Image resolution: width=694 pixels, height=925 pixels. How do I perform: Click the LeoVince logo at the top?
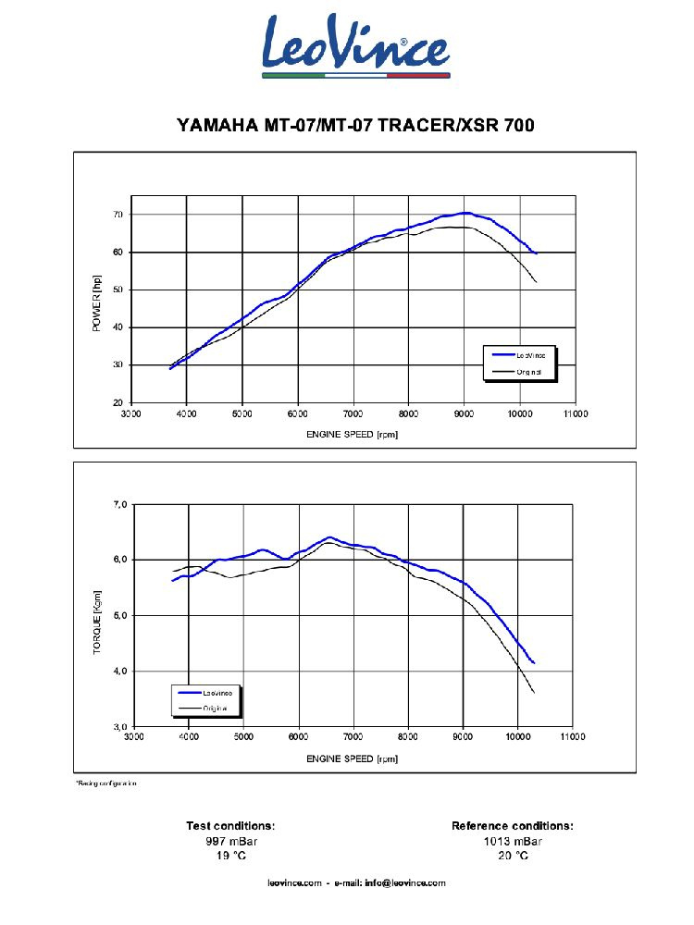click(355, 46)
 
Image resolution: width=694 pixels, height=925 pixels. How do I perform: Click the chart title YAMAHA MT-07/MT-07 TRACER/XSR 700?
click(355, 125)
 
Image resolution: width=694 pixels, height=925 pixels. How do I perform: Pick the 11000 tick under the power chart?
click(575, 414)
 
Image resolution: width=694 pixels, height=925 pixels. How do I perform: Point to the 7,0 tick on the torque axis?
click(119, 504)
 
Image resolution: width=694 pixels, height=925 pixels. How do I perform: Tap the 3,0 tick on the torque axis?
click(119, 726)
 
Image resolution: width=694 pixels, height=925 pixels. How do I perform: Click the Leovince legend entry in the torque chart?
click(218, 693)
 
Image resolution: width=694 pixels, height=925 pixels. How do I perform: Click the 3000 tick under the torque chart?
click(134, 738)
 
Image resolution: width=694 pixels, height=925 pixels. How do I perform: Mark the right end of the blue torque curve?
click(534, 662)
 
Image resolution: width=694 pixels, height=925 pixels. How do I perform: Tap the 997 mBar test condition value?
click(230, 841)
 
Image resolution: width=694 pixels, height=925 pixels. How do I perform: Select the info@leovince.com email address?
click(405, 883)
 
